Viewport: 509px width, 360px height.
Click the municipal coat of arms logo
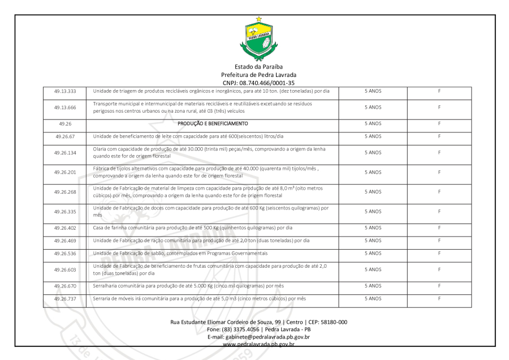[259, 40]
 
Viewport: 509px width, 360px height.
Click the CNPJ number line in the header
[258, 82]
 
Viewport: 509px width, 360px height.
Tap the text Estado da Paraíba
[258, 67]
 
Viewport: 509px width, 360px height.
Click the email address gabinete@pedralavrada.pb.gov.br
[258, 337]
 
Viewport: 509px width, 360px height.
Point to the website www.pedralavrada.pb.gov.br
[258, 344]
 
